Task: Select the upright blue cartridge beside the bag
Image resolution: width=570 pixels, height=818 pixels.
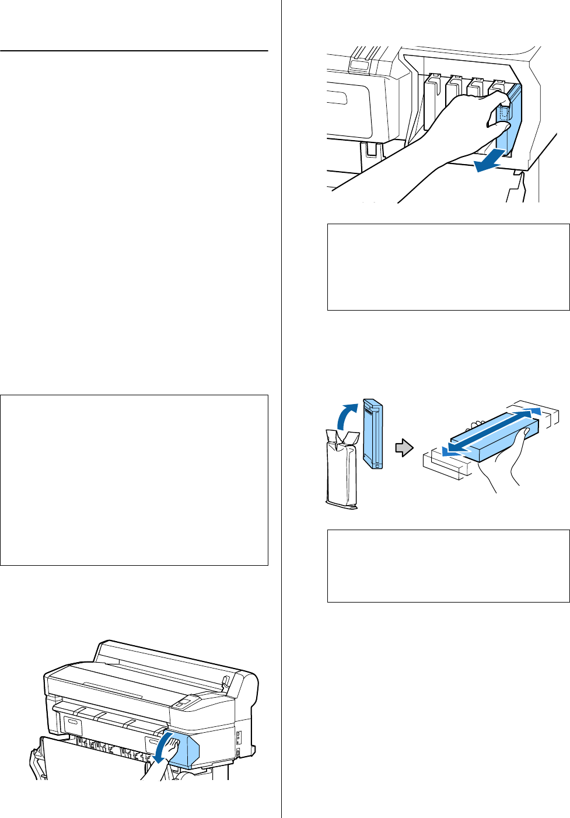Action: (373, 434)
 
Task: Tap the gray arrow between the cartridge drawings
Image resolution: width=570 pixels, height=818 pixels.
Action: (404, 448)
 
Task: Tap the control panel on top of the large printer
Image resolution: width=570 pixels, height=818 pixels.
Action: (184, 703)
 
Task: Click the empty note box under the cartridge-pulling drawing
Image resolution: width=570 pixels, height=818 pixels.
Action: (448, 267)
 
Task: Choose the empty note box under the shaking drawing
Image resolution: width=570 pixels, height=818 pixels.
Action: (448, 566)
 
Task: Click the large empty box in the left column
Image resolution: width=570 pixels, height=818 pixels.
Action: (134, 480)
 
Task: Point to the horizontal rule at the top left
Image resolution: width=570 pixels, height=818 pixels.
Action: (134, 51)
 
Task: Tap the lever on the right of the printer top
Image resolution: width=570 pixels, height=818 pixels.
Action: (224, 681)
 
